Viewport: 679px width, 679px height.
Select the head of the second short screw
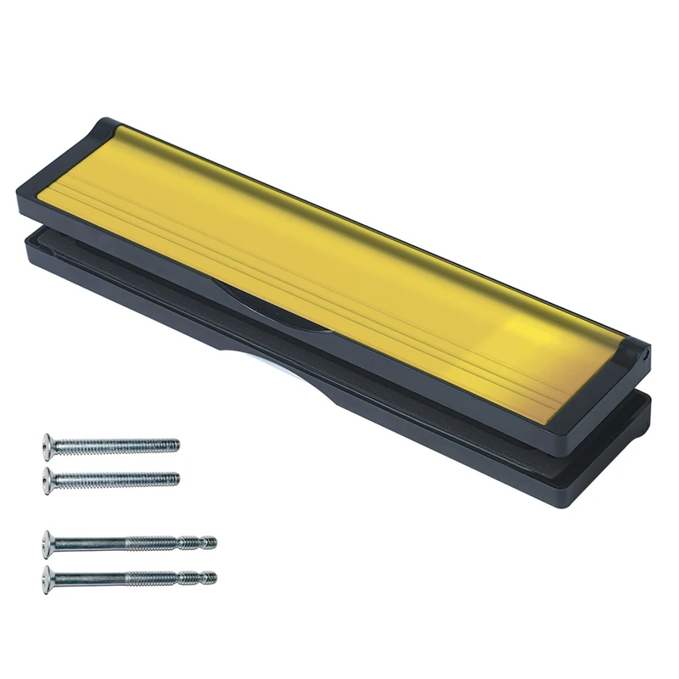point(48,480)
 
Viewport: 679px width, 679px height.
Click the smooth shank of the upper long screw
point(93,542)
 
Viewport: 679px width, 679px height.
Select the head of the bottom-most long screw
point(47,578)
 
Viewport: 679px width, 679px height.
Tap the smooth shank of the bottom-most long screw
point(93,578)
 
